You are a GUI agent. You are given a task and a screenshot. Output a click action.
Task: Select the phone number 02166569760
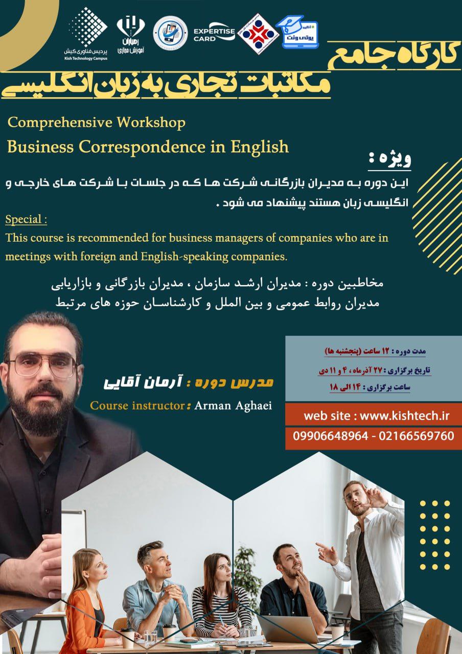click(419, 436)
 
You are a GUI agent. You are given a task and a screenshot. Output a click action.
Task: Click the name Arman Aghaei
click(234, 406)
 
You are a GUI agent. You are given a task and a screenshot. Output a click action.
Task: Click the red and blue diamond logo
click(258, 33)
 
